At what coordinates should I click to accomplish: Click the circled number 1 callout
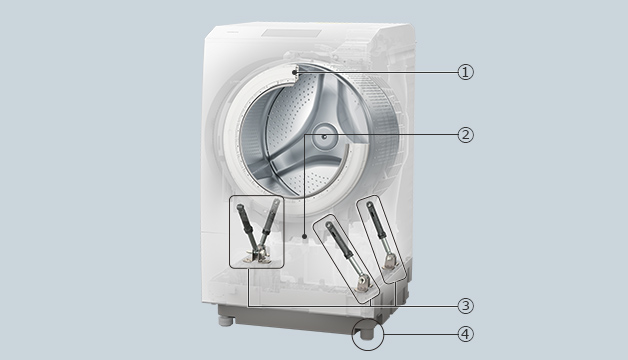pos(465,72)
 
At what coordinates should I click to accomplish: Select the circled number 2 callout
pos(465,135)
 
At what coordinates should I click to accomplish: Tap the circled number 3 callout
pos(465,306)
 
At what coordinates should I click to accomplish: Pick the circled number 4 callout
pos(465,334)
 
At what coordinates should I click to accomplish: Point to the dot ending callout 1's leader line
pos(294,72)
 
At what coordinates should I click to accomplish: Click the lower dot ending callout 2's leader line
pos(305,236)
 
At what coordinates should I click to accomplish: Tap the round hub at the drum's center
pos(324,137)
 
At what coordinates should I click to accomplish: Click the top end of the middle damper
pos(329,225)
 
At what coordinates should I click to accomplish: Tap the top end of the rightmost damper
pos(369,206)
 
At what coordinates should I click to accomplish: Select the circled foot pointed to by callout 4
pos(368,333)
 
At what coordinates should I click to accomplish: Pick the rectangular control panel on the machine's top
pos(291,33)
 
